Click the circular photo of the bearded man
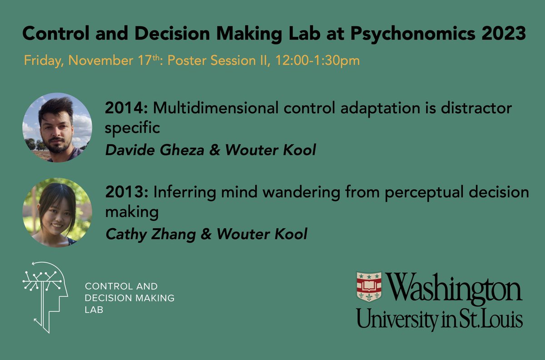[57, 128]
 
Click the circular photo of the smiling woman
[57, 212]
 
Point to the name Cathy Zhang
[150, 234]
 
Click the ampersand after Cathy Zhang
[207, 234]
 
